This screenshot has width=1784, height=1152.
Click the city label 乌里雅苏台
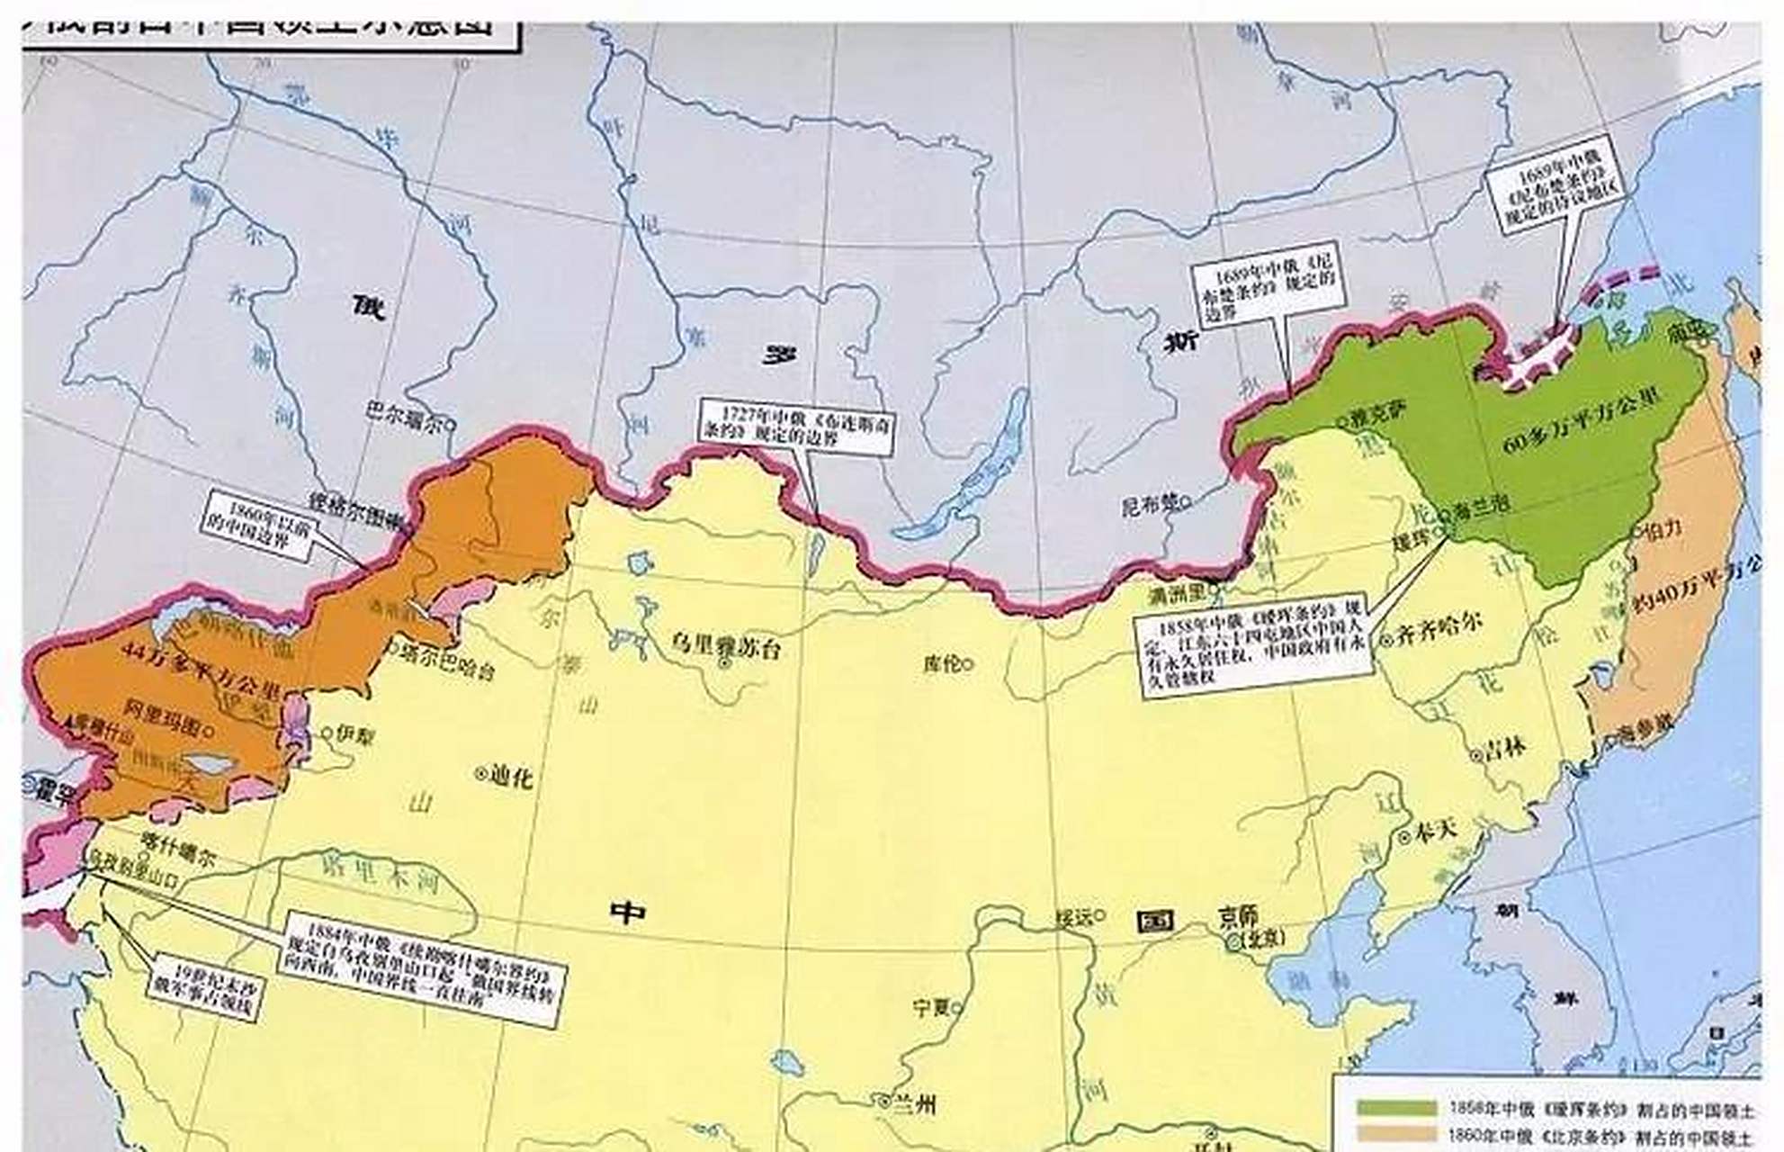point(726,644)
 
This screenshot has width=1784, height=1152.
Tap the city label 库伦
point(942,664)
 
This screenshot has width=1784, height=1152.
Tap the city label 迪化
point(509,775)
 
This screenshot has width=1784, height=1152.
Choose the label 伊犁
point(353,734)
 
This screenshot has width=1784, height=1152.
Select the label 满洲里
point(1179,595)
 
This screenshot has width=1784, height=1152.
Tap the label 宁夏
point(933,1007)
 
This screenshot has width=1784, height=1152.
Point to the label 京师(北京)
point(1252,927)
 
